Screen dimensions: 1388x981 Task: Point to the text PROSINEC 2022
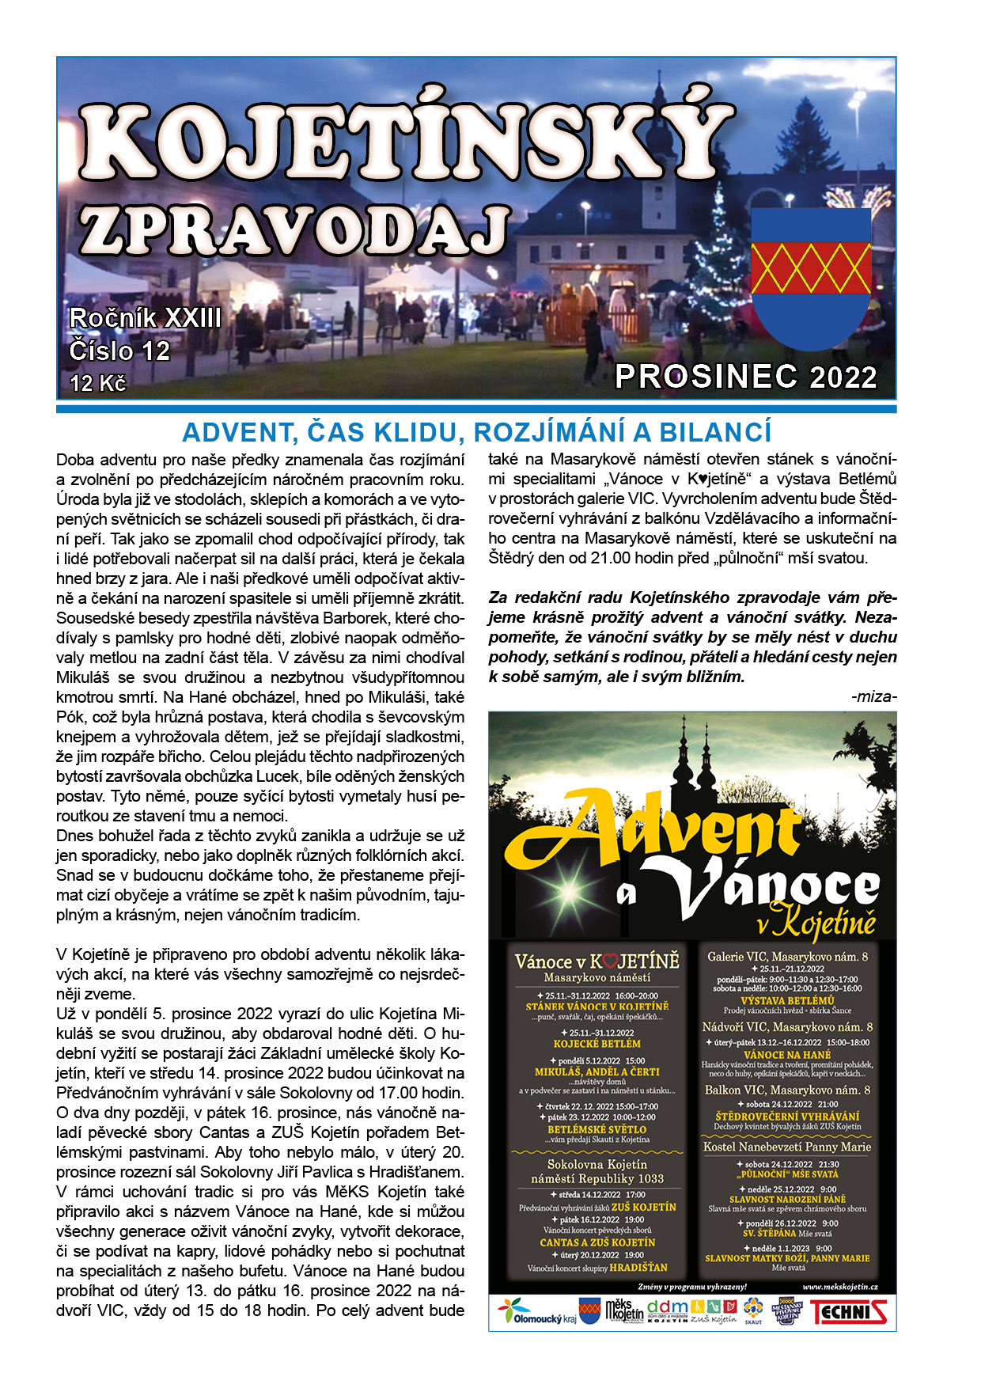(746, 377)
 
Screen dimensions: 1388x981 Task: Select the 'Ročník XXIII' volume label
(146, 318)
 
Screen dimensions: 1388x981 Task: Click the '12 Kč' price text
(98, 383)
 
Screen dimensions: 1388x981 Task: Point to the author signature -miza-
(873, 696)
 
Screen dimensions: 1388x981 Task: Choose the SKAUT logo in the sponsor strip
(753, 1311)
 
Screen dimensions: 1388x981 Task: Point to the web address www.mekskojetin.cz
(839, 1288)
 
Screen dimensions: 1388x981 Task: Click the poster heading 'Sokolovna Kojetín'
(597, 1164)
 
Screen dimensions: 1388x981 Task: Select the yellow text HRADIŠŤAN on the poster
(638, 1267)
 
